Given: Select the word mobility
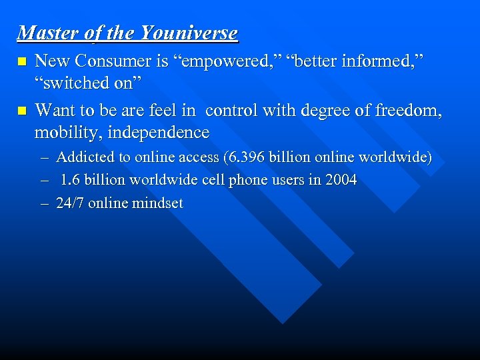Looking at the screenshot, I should pyautogui.click(x=62, y=132).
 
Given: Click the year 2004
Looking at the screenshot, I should pyautogui.click(x=341, y=180).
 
